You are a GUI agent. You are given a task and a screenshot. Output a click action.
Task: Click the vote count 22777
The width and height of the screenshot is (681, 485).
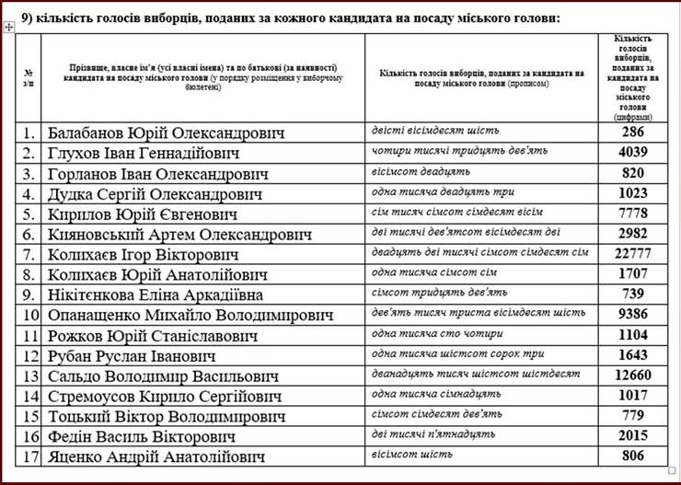[633, 254]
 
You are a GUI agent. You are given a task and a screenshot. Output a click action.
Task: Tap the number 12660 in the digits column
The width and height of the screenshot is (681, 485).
[633, 375]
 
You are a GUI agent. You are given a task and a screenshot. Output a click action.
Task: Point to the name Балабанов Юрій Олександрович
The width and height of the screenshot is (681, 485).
[166, 133]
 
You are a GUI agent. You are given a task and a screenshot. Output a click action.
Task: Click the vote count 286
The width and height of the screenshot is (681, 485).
[633, 133]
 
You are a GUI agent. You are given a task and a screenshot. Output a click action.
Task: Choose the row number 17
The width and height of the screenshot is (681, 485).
[30, 456]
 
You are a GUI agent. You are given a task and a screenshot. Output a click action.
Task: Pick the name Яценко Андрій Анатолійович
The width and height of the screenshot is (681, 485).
[156, 456]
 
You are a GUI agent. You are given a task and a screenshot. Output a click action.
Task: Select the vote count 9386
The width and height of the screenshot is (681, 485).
[633, 315]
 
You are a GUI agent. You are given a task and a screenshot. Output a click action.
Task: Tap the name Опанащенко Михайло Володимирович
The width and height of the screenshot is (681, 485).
[189, 315]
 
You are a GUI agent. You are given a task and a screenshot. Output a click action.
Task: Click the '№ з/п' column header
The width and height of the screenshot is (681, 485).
[29, 76]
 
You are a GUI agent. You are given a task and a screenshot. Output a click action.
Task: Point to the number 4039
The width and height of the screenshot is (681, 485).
[633, 153]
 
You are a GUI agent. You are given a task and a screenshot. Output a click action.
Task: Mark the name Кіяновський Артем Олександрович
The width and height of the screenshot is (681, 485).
[179, 234]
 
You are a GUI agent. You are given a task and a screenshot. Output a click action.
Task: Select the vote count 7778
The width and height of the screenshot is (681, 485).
[633, 214]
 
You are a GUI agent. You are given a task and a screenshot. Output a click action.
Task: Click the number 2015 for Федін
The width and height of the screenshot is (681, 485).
[633, 435]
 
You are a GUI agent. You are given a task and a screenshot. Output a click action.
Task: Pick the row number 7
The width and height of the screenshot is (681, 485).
[30, 254]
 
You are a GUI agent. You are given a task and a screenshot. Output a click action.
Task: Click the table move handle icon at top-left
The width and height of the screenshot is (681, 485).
[9, 29]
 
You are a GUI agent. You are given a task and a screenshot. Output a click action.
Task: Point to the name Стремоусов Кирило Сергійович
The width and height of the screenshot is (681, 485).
[164, 396]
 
